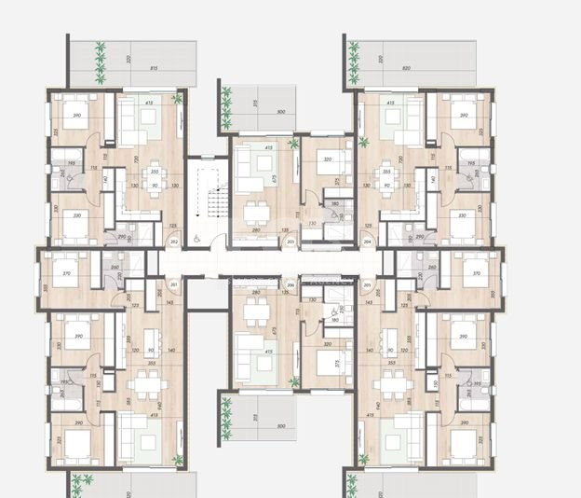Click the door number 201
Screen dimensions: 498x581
(x=174, y=285)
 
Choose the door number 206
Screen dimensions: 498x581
(x=291, y=285)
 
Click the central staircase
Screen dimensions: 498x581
(x=213, y=201)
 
